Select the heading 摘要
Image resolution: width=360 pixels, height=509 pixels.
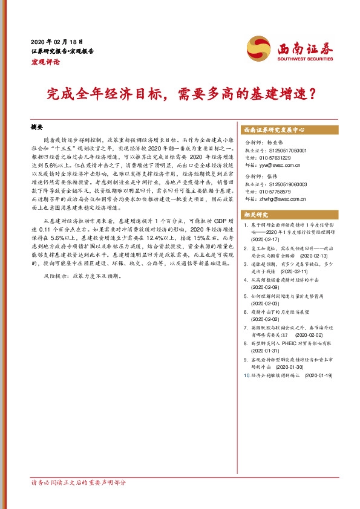pyautogui.click(x=38, y=128)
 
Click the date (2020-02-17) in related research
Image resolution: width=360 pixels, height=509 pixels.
pyautogui.click(x=266, y=239)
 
